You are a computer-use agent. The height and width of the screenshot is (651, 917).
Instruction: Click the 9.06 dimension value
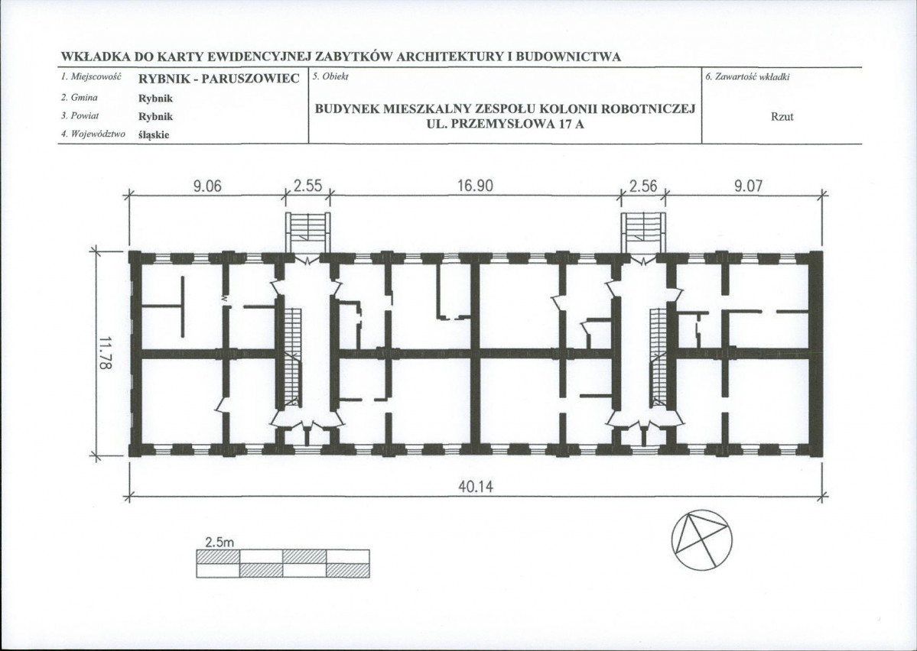[x=207, y=186]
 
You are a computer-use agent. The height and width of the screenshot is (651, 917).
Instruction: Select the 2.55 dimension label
[x=307, y=186]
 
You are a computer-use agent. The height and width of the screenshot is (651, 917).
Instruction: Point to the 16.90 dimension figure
[x=475, y=186]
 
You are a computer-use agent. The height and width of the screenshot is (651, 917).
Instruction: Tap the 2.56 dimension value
[x=643, y=186]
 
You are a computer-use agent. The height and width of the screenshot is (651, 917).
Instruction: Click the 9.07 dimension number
[x=749, y=186]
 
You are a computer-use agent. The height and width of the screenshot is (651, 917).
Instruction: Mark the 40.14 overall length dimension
[x=476, y=486]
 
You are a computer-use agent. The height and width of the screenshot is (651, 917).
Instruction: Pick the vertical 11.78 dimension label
[x=106, y=353]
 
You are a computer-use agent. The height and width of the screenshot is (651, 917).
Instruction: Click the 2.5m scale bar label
[x=219, y=542]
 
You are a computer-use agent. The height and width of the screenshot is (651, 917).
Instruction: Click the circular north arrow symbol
[x=701, y=539]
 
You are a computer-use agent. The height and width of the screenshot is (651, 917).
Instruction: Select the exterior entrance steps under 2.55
[x=307, y=232]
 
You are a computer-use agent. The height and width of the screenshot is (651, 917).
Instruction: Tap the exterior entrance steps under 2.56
[x=643, y=232]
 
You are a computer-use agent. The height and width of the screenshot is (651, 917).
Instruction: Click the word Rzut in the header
[x=782, y=116]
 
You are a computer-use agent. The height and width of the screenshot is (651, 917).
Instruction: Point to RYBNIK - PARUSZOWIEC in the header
[x=219, y=78]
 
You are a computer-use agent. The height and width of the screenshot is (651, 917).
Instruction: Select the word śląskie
[x=154, y=135]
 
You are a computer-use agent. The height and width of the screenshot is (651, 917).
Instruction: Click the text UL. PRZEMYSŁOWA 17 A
[x=506, y=124]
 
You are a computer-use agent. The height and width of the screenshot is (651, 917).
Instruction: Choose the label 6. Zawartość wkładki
[x=748, y=76]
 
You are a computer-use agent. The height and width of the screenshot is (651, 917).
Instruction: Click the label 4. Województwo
[x=93, y=134]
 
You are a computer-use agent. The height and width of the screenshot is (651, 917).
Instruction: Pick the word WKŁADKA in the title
[x=96, y=57]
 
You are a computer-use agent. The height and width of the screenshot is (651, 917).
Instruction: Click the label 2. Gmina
[x=80, y=98]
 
